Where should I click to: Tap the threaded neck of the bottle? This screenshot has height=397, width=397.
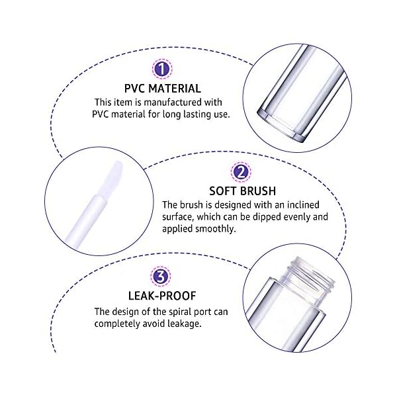[307, 273]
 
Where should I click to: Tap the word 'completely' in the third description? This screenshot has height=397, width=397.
[118, 324]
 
